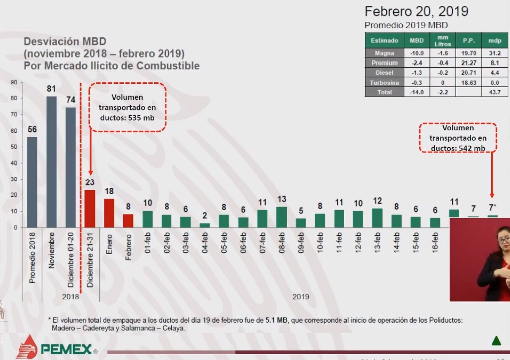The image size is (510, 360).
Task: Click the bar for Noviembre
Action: [51, 162]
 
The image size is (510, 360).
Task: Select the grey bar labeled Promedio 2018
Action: [32, 182]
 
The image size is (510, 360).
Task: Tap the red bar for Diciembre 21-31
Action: [90, 208]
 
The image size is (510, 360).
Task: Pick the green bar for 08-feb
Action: [281, 217]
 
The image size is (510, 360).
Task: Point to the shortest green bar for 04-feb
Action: [205, 225]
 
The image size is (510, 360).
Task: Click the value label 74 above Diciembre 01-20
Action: [70, 100]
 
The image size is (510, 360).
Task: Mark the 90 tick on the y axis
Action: [14, 82]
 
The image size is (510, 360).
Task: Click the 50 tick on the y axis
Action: [14, 147]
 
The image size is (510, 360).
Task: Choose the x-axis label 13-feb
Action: [377, 243]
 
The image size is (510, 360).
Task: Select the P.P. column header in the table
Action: [468, 40]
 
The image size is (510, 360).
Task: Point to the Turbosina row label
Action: [385, 82]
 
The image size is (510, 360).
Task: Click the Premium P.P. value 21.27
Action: [468, 63]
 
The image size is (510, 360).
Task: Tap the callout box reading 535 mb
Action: [127, 107]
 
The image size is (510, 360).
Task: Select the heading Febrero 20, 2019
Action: [416, 11]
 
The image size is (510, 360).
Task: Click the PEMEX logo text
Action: [66, 349]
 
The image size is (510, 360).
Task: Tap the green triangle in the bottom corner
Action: [496, 341]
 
